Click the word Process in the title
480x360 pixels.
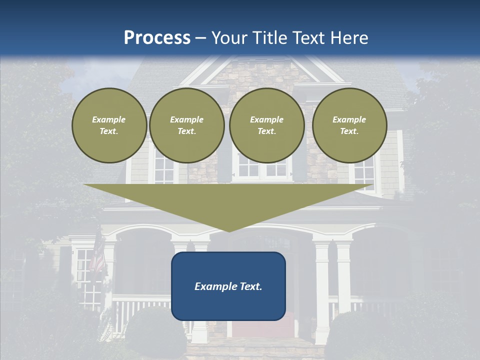pyautogui.click(x=157, y=38)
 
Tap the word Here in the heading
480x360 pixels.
pyautogui.click(x=348, y=38)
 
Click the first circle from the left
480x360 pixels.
pyautogui.click(x=109, y=125)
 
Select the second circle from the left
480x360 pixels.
pyautogui.click(x=187, y=125)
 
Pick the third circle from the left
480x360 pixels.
pyautogui.click(x=266, y=125)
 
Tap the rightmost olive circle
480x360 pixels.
pyautogui.click(x=349, y=125)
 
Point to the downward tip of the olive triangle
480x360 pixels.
pyautogui.click(x=229, y=231)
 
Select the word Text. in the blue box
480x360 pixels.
pyautogui.click(x=251, y=286)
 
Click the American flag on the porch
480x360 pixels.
pyautogui.click(x=98, y=257)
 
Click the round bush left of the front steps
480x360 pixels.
pyautogui.click(x=147, y=330)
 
